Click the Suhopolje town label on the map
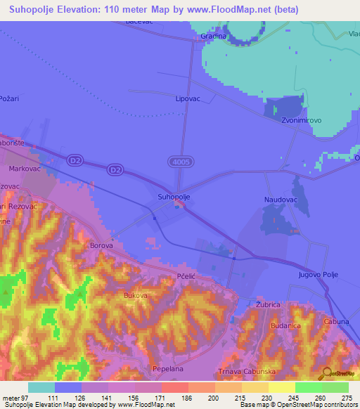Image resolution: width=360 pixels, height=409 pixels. pos(174,197)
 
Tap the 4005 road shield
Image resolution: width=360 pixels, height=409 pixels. pos(179,162)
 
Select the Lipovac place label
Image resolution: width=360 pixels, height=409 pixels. pos(188,100)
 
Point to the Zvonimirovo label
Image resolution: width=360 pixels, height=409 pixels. pos(300,121)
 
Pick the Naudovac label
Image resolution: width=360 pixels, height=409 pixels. pos(281,200)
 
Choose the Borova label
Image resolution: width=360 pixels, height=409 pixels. pos(102,246)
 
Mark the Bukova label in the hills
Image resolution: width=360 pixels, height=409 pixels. pos(135,297)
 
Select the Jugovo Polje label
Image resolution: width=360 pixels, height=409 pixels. pos(319,274)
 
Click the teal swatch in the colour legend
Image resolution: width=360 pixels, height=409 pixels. pos(41,387)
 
